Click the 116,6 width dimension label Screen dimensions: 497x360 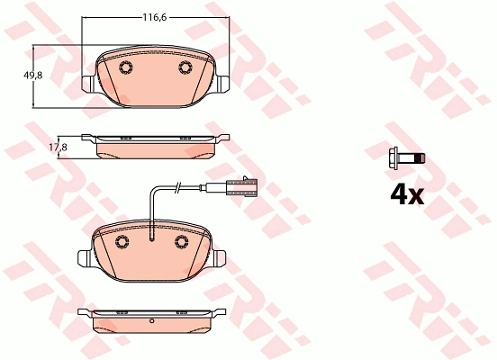pyautogui.click(x=154, y=17)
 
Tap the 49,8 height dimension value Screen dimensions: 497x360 pyautogui.click(x=33, y=76)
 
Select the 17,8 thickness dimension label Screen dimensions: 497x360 pyautogui.click(x=58, y=148)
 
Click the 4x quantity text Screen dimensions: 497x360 pyautogui.click(x=407, y=195)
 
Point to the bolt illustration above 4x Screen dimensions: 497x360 pyautogui.click(x=407, y=158)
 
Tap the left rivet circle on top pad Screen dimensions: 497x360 pyautogui.click(x=126, y=67)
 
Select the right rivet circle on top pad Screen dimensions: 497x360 pyautogui.click(x=185, y=67)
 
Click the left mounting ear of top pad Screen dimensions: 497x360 pyautogui.click(x=88, y=84)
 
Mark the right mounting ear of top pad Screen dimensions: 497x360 pyautogui.click(x=222, y=85)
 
